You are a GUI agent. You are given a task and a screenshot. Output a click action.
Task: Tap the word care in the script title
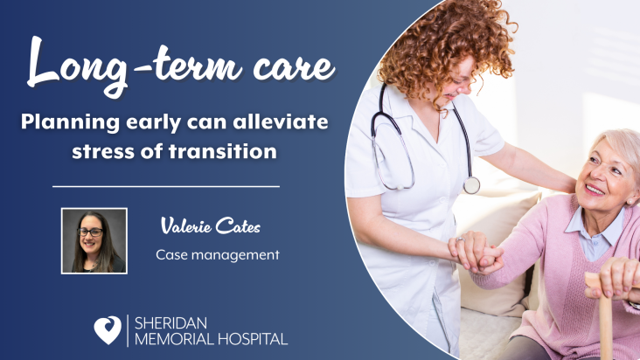pos(294,67)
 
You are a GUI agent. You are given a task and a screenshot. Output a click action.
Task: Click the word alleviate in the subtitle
pos(281,121)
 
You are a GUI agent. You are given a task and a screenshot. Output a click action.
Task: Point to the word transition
pos(223,151)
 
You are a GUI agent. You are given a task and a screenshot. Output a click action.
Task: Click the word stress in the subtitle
pos(104,152)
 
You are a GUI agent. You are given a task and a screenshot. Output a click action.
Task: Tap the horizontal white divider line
pos(166,186)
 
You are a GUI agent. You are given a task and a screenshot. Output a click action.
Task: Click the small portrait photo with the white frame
pos(94,241)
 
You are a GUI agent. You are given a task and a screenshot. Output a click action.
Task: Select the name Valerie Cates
pos(211,225)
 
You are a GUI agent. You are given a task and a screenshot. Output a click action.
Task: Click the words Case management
pos(218,255)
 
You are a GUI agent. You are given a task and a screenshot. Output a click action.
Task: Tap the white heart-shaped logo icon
pos(108,329)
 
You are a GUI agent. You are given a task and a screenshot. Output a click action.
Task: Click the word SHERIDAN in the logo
pos(170,323)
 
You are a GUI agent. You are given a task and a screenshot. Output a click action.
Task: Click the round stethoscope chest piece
pos(471,185)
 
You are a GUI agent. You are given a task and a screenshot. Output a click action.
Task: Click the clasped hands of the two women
pos(476,253)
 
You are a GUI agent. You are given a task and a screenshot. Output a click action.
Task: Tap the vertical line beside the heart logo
pos(128,330)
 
